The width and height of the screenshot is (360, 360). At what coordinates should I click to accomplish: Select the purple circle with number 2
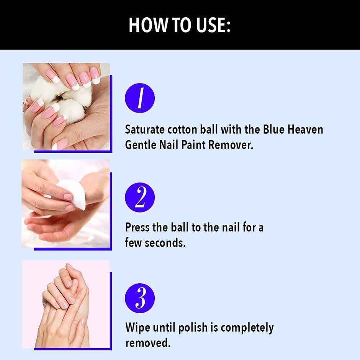[x=140, y=198]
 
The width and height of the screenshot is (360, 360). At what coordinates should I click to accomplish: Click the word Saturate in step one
[x=144, y=129]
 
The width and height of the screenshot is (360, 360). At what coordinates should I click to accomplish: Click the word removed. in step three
[x=147, y=343]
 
